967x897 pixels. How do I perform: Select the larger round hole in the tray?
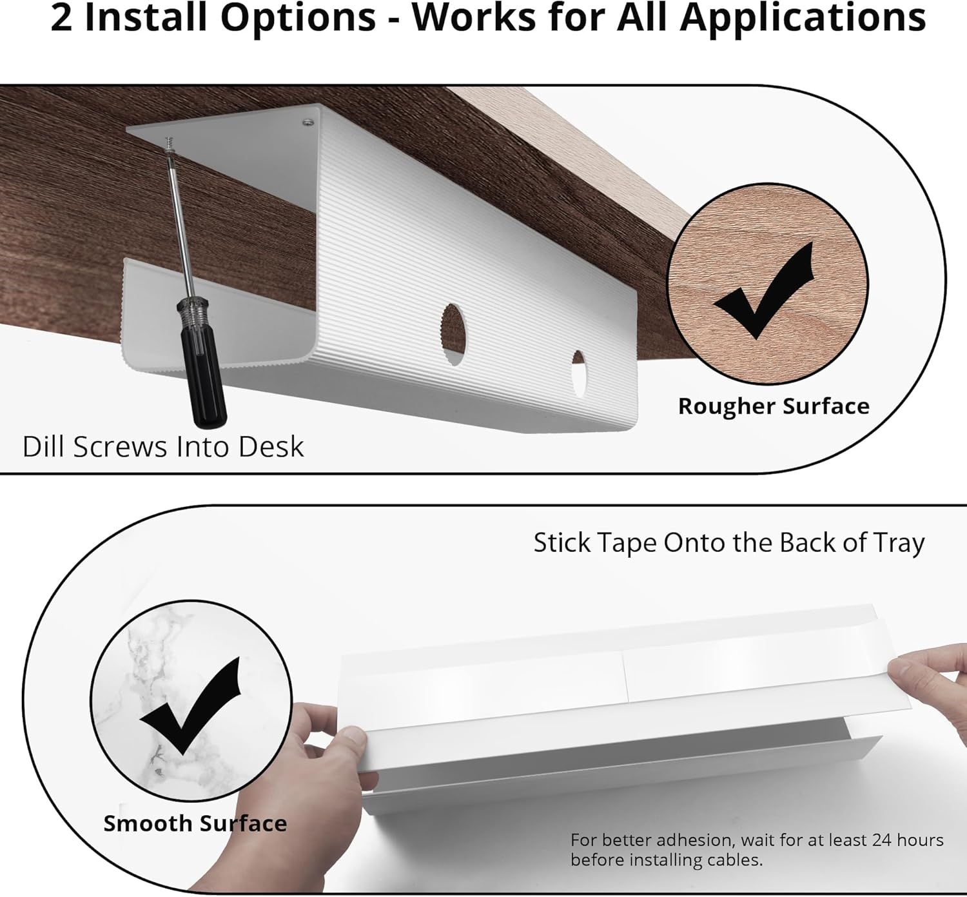coord(453,335)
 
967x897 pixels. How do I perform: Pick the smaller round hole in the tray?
coord(579,373)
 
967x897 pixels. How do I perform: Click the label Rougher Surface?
coord(774,406)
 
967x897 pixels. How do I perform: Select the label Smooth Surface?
coord(195,823)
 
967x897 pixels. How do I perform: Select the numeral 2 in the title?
coord(61,18)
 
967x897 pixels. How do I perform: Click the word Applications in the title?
coord(803,18)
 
